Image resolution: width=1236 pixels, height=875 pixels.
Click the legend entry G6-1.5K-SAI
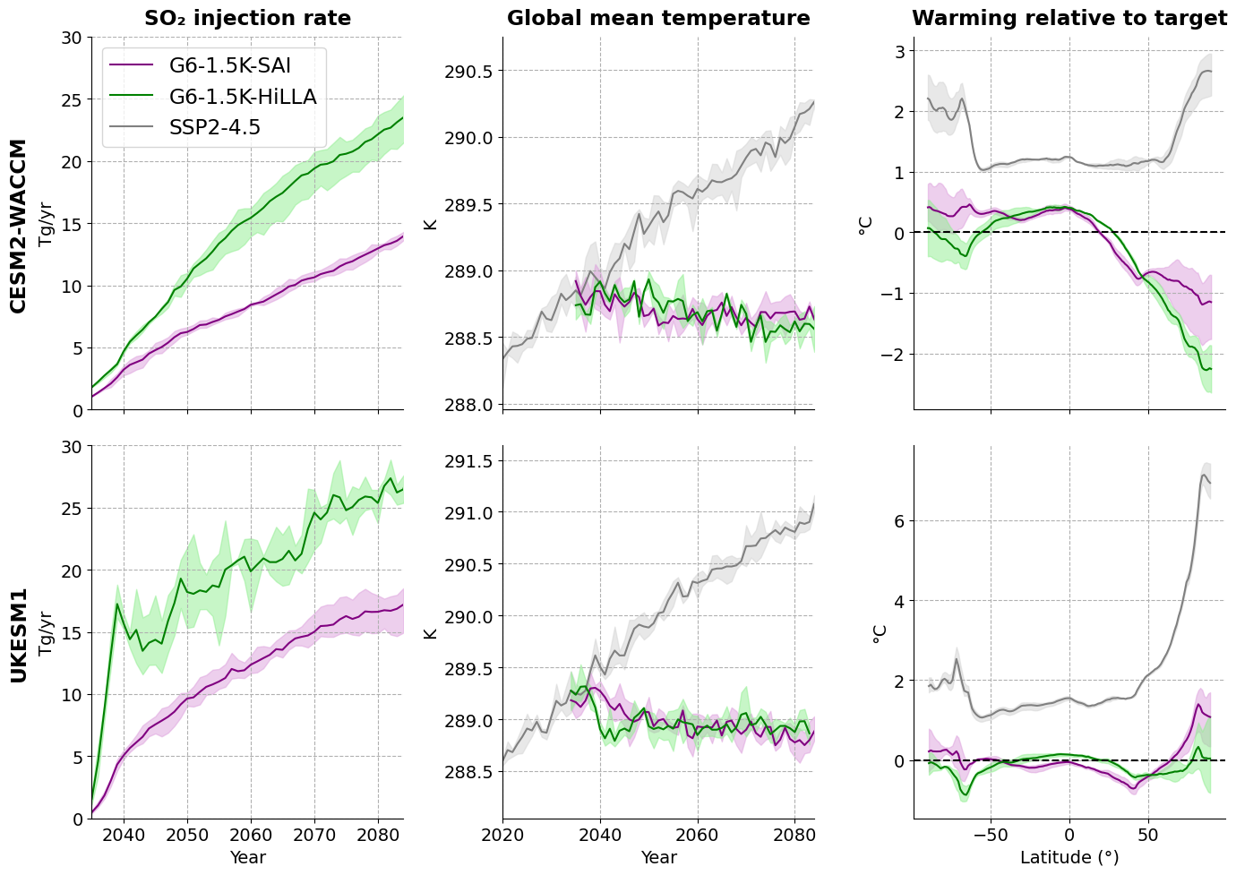tap(229, 64)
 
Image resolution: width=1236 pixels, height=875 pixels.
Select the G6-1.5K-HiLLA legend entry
tap(243, 97)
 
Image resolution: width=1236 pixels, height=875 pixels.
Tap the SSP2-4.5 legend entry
tap(215, 128)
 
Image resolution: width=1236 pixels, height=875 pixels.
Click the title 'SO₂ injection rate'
tap(247, 19)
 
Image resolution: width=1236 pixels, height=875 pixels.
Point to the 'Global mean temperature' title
tap(658, 19)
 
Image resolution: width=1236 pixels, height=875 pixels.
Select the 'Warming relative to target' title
tap(1069, 19)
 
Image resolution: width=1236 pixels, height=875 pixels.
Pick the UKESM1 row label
tap(18, 634)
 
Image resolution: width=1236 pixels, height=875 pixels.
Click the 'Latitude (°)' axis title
tap(1069, 857)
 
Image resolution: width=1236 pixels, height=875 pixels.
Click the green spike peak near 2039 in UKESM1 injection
tap(117, 604)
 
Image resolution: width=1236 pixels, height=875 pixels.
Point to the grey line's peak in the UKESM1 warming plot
tap(1203, 475)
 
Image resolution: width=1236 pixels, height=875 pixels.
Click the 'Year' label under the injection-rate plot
tap(247, 857)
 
